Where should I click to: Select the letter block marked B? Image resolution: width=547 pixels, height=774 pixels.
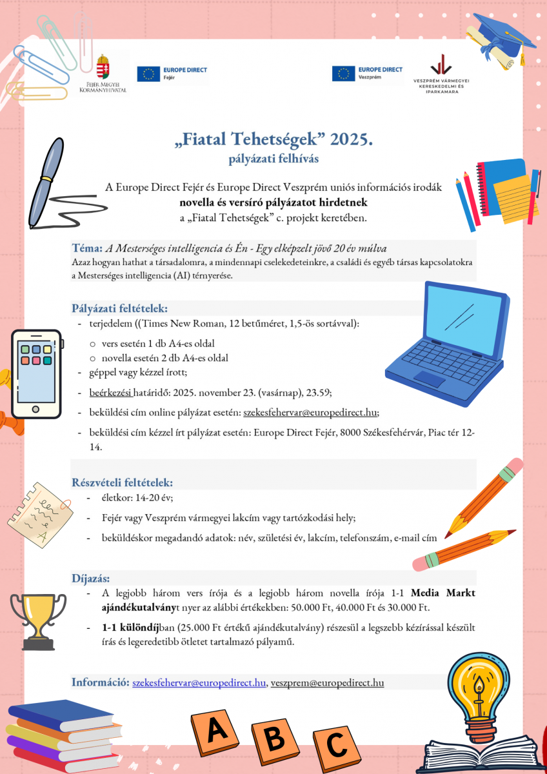[x=275, y=738]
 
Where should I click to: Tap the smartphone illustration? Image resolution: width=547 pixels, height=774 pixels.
[x=37, y=375]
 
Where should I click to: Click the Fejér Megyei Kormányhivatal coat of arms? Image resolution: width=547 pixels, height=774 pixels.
[x=102, y=67]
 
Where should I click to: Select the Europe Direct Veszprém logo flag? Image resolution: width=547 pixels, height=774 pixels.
[x=343, y=74]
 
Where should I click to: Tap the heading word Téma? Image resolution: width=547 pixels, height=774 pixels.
[x=88, y=248]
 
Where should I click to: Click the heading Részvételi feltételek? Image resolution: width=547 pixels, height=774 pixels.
[x=122, y=482]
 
